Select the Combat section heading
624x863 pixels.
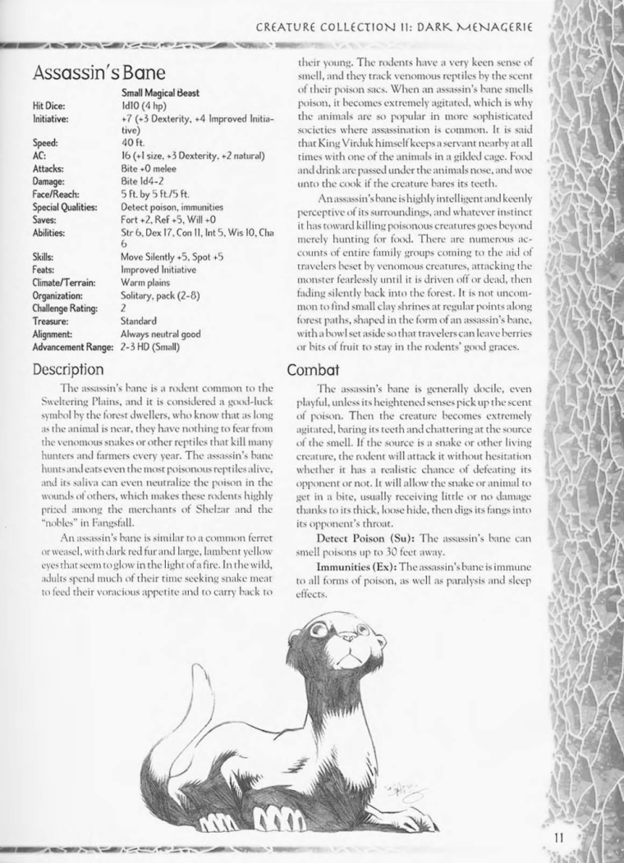click(308, 370)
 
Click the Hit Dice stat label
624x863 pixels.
click(48, 106)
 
